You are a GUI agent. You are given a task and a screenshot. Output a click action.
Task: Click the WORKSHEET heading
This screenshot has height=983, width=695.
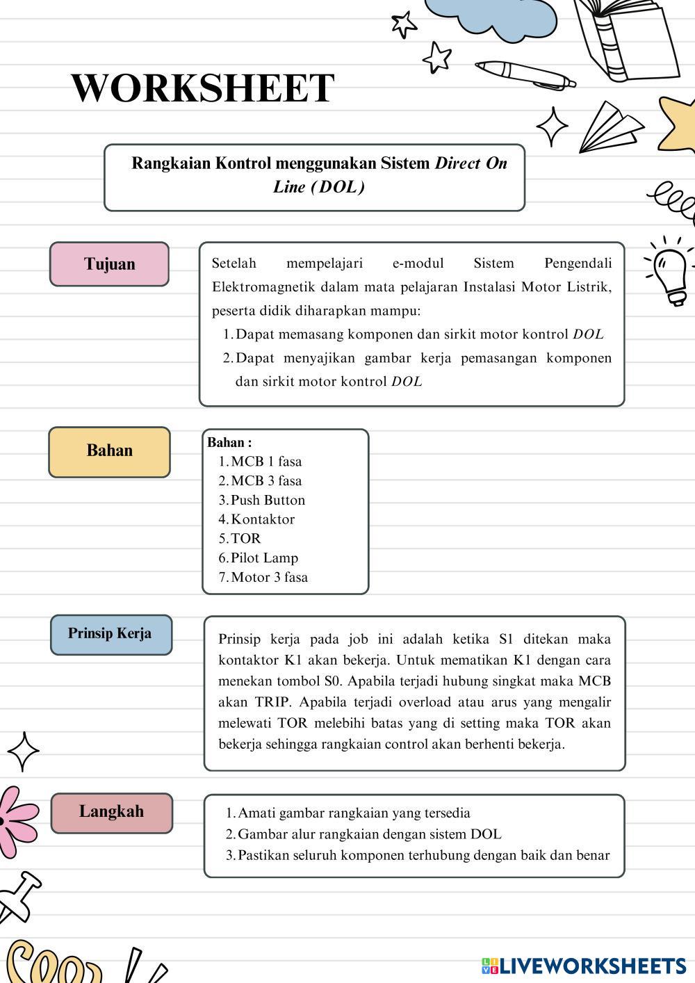click(202, 88)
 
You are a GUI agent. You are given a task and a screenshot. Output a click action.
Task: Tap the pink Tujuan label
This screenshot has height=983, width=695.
click(109, 264)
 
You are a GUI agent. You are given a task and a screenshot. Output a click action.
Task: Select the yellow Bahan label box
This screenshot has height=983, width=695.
click(109, 451)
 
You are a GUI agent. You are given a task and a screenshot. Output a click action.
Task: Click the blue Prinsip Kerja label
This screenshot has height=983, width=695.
click(111, 634)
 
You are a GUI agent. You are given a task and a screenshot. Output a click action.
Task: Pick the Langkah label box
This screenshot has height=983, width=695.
click(111, 812)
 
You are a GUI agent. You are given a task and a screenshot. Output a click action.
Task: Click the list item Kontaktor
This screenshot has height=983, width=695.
click(262, 519)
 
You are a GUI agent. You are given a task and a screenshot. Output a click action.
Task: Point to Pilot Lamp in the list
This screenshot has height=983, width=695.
click(264, 558)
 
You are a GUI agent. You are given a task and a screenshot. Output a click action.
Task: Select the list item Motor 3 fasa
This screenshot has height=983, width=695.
click(269, 578)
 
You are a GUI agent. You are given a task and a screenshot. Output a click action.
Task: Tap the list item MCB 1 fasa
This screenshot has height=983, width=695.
click(266, 462)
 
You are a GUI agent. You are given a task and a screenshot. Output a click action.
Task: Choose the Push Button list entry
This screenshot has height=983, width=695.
click(268, 501)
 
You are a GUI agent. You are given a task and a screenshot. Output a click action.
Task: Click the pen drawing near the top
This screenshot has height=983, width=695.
click(525, 74)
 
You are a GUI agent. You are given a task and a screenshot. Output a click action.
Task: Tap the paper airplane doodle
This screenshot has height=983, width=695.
click(610, 127)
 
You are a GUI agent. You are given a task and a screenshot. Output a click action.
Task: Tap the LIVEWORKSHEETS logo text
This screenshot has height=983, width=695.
click(592, 965)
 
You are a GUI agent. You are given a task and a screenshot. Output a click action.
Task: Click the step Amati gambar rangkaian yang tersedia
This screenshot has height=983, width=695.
click(354, 813)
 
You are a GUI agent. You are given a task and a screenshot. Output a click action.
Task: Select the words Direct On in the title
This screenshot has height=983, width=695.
click(471, 163)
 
